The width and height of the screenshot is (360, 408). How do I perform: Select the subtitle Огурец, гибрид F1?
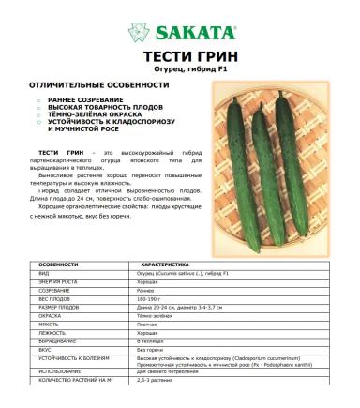pos(180,70)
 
